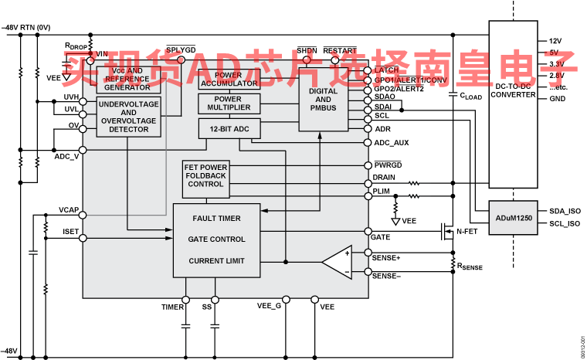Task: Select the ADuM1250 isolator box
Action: (513, 219)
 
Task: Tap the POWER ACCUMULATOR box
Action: (229, 80)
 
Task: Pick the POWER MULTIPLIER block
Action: (229, 104)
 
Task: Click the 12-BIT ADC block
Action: (229, 128)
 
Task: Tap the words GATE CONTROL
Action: (217, 239)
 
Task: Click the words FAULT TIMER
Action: (217, 219)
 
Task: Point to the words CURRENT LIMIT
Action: (217, 261)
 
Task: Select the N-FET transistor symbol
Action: (446, 230)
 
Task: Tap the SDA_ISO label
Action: (564, 210)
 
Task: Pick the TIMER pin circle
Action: (186, 298)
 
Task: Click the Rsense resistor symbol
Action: (452, 264)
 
